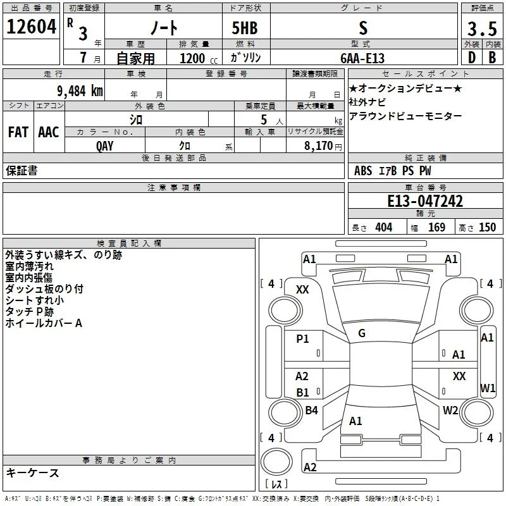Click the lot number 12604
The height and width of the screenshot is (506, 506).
(x=31, y=27)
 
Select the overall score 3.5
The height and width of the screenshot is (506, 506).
(x=482, y=28)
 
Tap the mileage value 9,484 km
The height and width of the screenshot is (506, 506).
(x=80, y=91)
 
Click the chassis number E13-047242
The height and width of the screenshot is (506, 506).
(x=425, y=201)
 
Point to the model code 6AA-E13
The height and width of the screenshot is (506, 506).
(x=362, y=58)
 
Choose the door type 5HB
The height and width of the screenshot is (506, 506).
(x=245, y=28)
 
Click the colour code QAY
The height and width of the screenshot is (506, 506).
(x=105, y=146)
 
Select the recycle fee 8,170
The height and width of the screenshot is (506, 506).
(x=319, y=145)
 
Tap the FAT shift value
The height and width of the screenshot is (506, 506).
(x=18, y=132)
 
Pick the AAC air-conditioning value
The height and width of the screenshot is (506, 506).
(x=49, y=132)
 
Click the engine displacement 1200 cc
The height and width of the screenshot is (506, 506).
(x=199, y=58)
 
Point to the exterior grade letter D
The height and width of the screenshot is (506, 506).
(x=472, y=58)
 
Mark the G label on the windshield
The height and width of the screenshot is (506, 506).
(x=362, y=333)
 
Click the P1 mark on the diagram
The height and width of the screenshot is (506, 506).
(x=302, y=338)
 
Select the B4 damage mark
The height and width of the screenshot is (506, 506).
(x=311, y=410)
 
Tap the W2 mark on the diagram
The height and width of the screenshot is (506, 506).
(x=450, y=410)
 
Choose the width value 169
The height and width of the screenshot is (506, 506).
(x=436, y=227)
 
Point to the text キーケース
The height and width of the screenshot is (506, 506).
(x=32, y=472)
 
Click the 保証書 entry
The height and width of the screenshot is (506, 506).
(x=22, y=170)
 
